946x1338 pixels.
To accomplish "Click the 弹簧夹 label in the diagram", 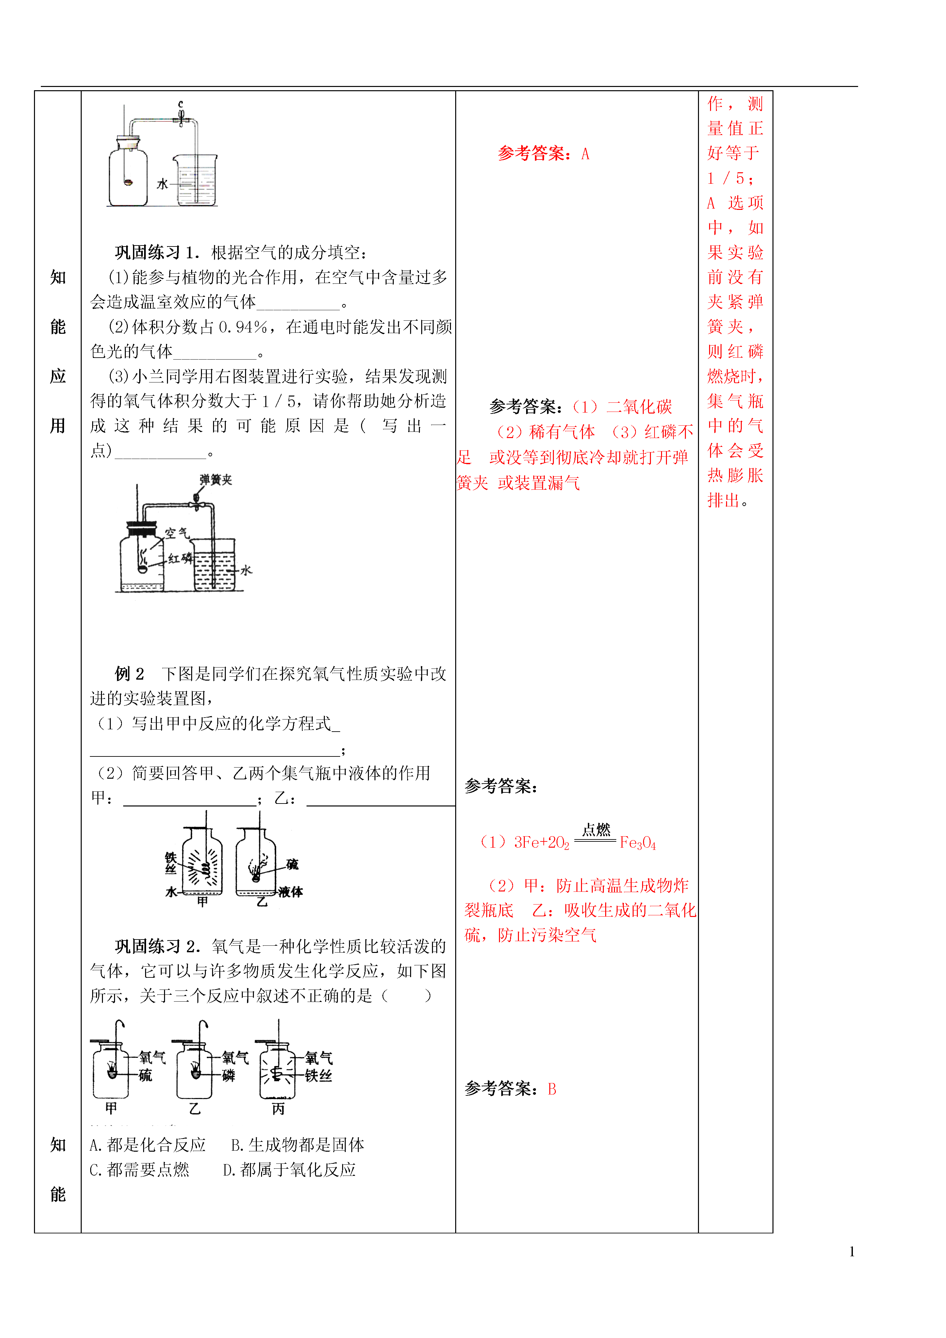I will tap(216, 480).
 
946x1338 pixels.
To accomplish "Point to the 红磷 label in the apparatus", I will tap(180, 558).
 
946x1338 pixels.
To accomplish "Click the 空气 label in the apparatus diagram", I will tap(176, 533).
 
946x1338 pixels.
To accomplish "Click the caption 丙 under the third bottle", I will tap(278, 1109).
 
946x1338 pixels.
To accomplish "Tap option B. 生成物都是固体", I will tap(298, 1145).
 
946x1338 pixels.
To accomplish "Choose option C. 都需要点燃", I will tap(140, 1170).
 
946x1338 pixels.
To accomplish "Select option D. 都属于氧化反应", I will tap(290, 1170).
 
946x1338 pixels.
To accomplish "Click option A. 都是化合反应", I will tap(148, 1145).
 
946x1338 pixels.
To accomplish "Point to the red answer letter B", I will tap(552, 1089).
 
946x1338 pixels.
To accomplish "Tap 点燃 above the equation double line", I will tap(596, 829).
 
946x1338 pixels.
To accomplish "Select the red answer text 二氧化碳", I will tap(639, 407).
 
